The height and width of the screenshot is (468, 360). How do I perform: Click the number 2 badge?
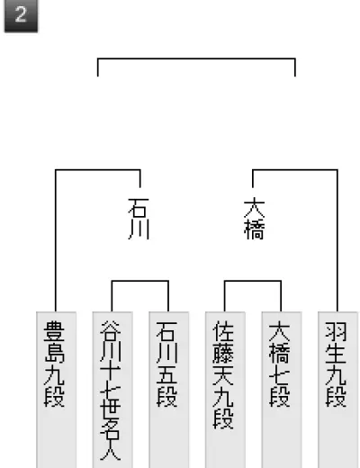point(21,15)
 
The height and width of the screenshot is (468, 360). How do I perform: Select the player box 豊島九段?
point(56,390)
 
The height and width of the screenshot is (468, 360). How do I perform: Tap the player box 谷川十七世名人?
point(112,390)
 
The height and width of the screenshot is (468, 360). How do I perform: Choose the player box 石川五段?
point(168,390)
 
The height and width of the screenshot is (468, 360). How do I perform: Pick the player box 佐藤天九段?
point(225,390)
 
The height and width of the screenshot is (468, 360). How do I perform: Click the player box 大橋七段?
point(282,390)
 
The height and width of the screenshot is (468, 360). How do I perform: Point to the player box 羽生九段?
point(337,390)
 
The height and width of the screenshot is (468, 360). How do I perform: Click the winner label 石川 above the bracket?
point(139,219)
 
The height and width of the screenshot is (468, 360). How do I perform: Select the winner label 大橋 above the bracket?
point(255,219)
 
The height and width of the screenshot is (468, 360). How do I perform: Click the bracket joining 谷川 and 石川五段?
point(140,281)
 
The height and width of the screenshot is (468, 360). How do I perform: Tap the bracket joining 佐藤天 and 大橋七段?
point(253,281)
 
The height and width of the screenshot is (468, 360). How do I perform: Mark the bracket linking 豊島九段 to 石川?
point(98,170)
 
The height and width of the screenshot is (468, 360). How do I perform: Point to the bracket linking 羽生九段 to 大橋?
point(295,170)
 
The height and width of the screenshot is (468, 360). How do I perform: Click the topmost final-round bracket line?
point(196,58)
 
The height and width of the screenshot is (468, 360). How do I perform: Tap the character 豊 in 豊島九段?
point(54,331)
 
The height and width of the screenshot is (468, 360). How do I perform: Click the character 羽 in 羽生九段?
point(336,331)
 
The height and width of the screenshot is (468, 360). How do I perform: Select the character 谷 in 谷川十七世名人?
point(111,331)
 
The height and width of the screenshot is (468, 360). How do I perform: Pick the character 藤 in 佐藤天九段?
point(223,354)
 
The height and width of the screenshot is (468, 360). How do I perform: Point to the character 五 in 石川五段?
point(166,375)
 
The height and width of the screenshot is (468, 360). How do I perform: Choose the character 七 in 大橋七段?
point(280,375)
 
